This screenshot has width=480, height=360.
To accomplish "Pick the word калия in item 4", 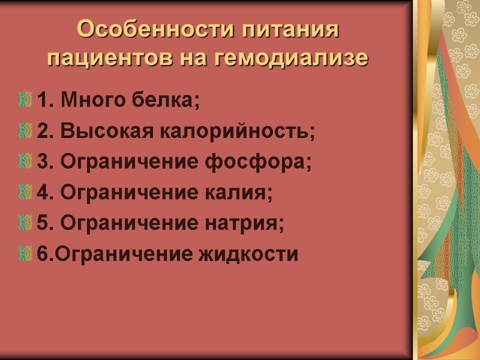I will (x=248, y=193).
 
